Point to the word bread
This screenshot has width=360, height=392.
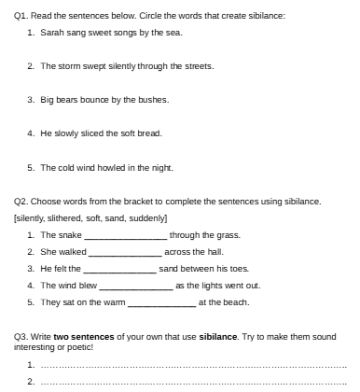coord(150,133)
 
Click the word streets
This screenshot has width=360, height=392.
coord(198,66)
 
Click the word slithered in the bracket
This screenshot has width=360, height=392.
coord(71,217)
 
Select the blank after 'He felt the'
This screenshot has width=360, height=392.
coord(120,269)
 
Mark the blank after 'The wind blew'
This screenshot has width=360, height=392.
coord(136,286)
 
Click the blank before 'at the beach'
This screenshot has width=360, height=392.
coord(160,302)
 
